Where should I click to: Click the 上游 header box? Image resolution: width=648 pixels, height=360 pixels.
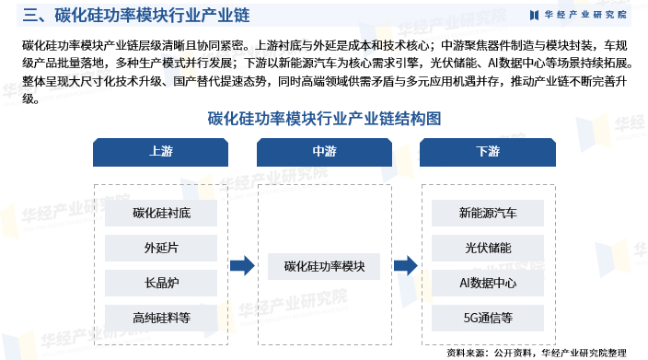(160, 151)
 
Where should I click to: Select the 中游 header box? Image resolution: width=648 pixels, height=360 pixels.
(325, 151)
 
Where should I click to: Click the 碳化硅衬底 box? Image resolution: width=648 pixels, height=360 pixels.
(161, 214)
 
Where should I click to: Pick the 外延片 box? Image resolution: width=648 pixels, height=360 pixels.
(161, 249)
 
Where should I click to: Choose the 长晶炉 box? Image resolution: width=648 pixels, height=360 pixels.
(161, 283)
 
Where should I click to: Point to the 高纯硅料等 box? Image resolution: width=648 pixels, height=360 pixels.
(161, 318)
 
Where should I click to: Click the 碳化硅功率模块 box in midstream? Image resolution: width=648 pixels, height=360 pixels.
(325, 266)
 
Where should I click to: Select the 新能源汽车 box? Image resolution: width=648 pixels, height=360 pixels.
(488, 214)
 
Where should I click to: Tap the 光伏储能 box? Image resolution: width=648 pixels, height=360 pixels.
(488, 249)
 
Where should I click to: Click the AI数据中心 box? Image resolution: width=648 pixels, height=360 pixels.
(488, 283)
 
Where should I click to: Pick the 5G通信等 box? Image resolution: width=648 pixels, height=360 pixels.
(488, 318)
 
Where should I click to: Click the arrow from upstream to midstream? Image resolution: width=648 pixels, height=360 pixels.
(242, 266)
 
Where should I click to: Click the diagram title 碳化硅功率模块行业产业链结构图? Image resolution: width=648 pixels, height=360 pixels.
(324, 118)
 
